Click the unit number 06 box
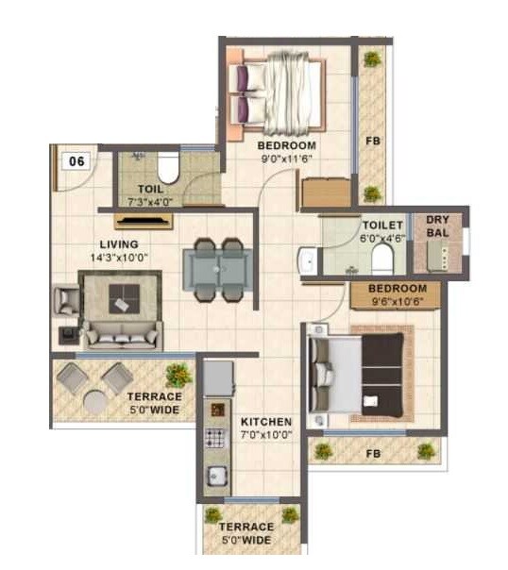click(77, 160)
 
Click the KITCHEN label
click(265, 422)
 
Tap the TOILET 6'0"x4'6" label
click(382, 232)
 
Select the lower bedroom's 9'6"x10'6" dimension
click(397, 301)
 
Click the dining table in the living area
click(216, 268)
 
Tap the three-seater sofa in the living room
click(122, 334)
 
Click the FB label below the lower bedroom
click(375, 453)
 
